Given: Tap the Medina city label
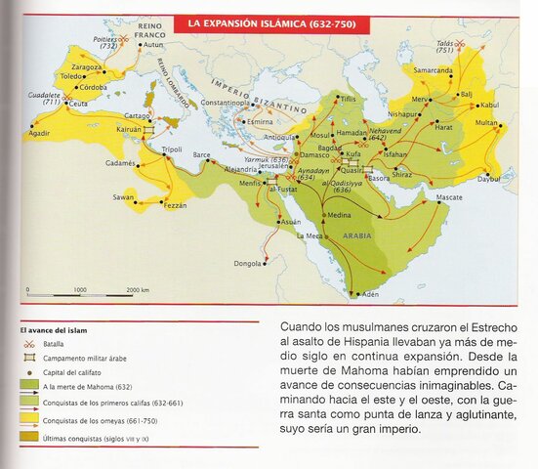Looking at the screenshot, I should (x=340, y=215).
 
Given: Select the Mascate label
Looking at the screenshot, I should (x=448, y=196).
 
